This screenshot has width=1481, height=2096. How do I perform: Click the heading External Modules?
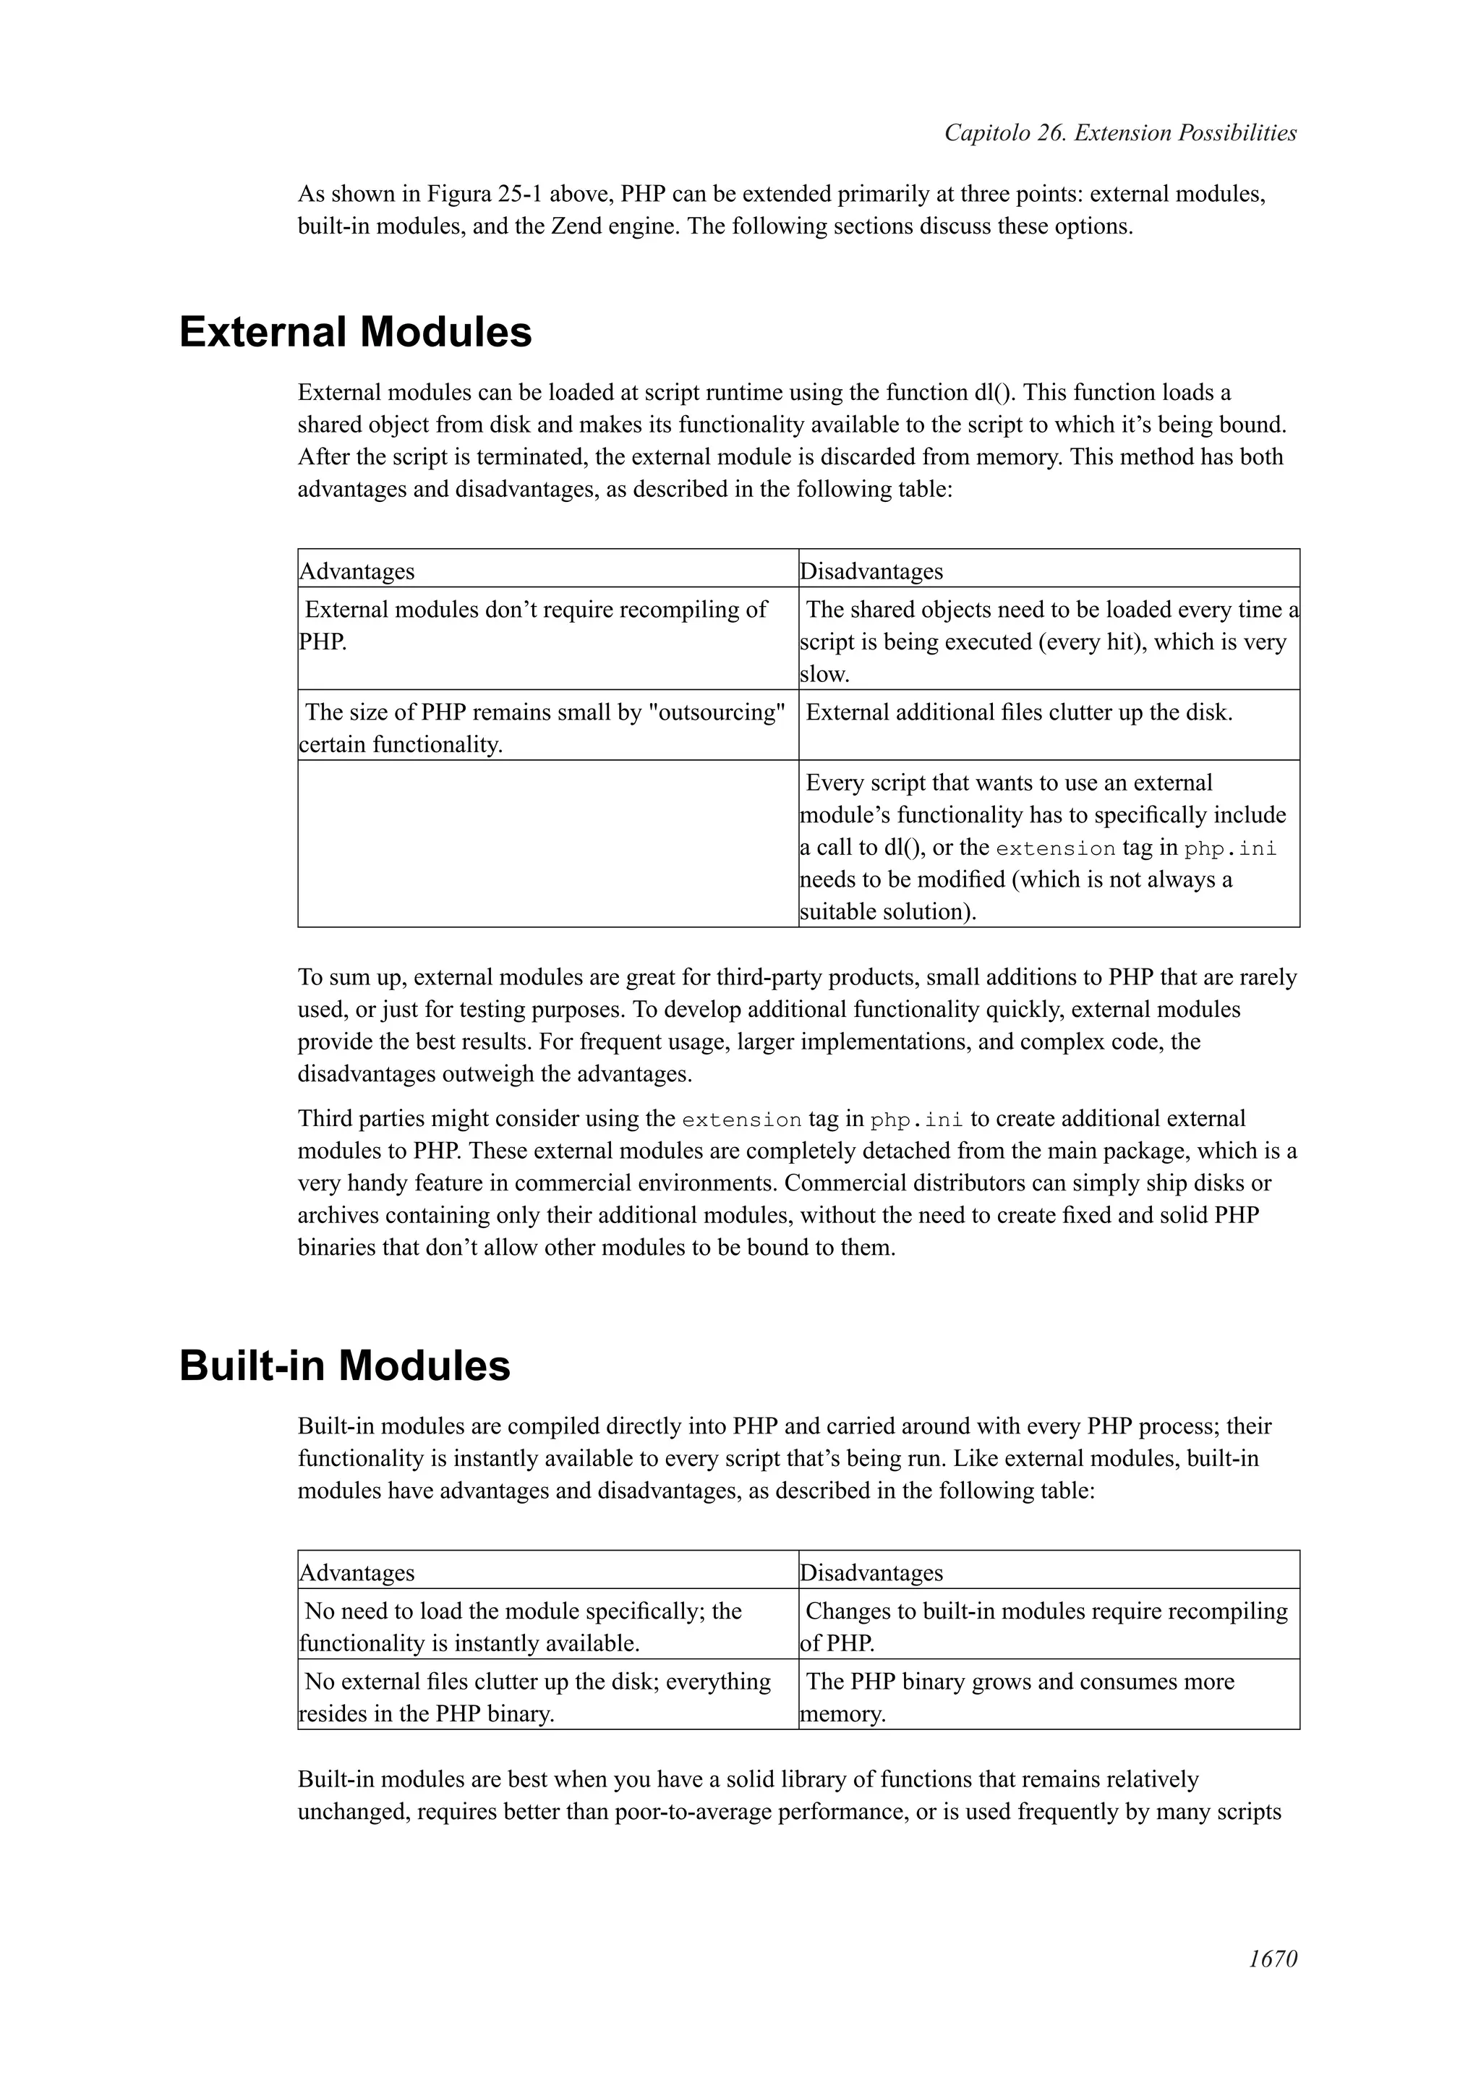(x=355, y=331)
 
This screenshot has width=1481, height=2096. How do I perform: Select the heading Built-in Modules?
(x=344, y=1366)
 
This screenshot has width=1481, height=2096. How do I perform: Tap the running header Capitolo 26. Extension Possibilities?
(x=1119, y=133)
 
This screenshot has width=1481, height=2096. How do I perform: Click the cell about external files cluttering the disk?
(x=1018, y=712)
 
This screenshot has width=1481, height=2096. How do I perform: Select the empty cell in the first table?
(x=547, y=843)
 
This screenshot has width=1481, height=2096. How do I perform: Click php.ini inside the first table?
(x=1229, y=848)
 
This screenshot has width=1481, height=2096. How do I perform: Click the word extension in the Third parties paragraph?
(x=741, y=1119)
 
